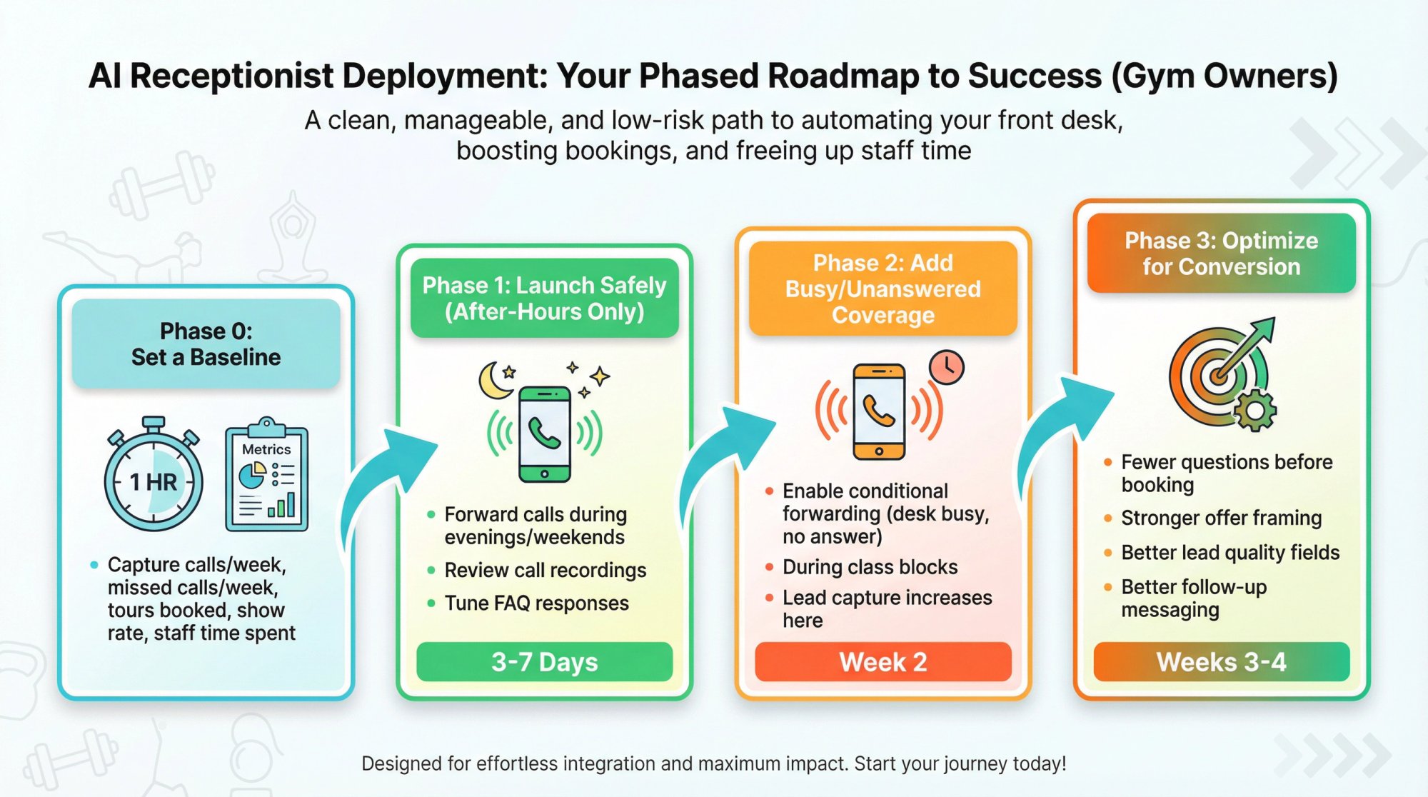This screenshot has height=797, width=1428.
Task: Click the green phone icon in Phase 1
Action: tap(545, 434)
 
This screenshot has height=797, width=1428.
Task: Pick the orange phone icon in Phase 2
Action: tap(879, 411)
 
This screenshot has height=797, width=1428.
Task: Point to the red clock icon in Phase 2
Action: tap(947, 367)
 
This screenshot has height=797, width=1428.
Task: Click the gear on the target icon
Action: tap(1254, 410)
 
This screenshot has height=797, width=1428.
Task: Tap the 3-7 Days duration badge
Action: tap(544, 662)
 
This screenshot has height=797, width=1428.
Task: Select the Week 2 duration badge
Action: tap(883, 662)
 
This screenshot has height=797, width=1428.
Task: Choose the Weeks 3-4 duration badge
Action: tap(1221, 662)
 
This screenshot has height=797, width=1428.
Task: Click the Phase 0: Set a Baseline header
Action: tap(206, 344)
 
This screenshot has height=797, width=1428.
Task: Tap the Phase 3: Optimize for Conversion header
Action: tap(1221, 254)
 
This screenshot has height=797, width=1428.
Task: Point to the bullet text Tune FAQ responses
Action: tap(536, 603)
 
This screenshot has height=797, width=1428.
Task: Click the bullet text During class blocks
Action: tap(870, 567)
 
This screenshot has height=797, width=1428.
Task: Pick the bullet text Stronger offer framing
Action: tap(1221, 518)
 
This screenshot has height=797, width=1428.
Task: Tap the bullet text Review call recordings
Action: tap(545, 570)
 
